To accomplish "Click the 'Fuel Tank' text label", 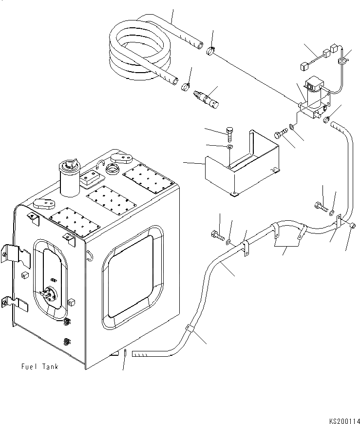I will click(x=39, y=366).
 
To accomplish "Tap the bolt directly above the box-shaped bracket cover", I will click(x=230, y=132).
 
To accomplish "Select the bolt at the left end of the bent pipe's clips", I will click(x=216, y=235).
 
